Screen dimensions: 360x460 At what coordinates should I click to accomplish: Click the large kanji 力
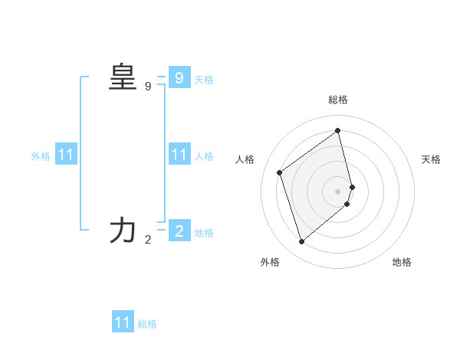click(x=123, y=231)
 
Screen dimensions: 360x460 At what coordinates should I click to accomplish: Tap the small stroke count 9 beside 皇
click(x=148, y=87)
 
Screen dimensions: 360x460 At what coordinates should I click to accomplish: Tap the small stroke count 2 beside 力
click(x=148, y=240)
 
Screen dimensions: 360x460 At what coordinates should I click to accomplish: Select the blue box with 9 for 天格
click(x=179, y=78)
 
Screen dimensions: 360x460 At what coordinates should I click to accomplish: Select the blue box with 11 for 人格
click(x=179, y=155)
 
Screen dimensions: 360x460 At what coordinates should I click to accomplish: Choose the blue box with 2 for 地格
click(x=179, y=231)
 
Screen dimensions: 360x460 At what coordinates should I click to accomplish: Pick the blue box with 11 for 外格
click(x=66, y=155)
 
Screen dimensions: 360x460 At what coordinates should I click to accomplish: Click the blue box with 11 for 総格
click(x=123, y=322)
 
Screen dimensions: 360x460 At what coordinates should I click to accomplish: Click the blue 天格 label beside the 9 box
click(x=204, y=80)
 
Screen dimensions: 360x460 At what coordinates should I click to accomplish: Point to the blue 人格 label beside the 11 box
click(x=204, y=156)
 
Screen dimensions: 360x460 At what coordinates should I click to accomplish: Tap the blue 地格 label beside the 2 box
click(x=204, y=233)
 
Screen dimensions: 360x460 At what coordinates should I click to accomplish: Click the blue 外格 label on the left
click(x=41, y=156)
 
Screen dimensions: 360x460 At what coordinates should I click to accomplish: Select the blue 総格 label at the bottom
click(x=147, y=324)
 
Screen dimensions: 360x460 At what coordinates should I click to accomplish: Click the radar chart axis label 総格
click(x=338, y=100)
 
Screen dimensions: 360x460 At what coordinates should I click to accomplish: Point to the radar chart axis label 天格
click(x=431, y=159)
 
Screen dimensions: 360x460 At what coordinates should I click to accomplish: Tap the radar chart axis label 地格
click(x=402, y=262)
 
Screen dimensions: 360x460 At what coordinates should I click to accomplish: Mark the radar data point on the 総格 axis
click(x=338, y=130)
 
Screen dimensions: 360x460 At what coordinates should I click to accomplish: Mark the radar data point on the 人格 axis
click(x=280, y=172)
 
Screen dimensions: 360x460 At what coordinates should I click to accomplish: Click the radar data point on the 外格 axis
click(x=301, y=242)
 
